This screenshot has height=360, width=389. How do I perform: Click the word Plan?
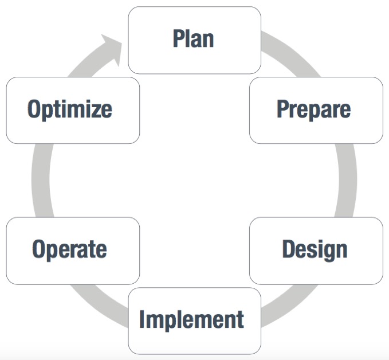coord(193,38)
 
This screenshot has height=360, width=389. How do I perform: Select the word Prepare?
coord(313,109)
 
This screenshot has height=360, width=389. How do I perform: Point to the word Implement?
coord(191,320)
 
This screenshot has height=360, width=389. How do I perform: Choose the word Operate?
coord(69,249)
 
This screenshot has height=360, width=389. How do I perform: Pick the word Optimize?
coord(70,109)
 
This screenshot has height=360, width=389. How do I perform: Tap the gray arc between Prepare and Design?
coord(347,180)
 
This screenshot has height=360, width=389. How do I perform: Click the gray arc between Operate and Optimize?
coord(41,180)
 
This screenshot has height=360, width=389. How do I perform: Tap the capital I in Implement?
coord(142,319)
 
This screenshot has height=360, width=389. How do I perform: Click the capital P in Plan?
coord(178,38)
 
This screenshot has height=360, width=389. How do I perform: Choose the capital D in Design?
coord(289,249)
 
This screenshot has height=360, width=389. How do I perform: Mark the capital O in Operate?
coord(39,249)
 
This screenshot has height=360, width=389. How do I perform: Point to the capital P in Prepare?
coord(282,108)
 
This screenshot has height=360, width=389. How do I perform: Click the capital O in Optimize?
coord(34,108)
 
